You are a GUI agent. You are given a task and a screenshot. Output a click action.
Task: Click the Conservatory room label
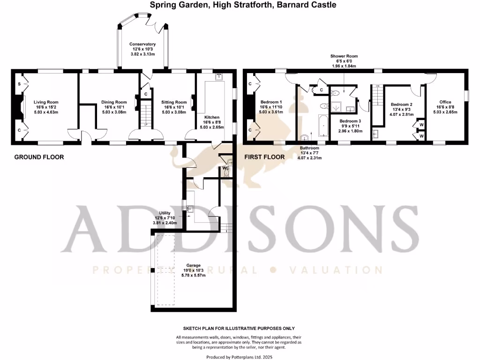(x=142, y=44)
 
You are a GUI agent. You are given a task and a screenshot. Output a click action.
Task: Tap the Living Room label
(x=46, y=102)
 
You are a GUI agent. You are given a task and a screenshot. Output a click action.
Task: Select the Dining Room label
(x=114, y=102)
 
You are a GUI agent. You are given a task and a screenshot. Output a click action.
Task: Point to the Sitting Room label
(x=174, y=102)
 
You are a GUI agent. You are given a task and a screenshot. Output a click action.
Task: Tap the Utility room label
(x=165, y=213)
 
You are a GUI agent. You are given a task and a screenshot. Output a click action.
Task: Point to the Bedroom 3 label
(x=351, y=121)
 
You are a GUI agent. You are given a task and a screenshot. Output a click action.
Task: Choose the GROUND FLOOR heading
(x=39, y=157)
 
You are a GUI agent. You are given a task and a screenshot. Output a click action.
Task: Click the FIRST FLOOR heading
(x=264, y=157)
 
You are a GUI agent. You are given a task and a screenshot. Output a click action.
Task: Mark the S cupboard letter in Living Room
(x=19, y=83)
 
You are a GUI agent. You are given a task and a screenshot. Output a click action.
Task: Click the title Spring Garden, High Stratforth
(x=243, y=5)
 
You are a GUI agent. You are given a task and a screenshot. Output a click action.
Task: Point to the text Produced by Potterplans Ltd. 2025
(x=239, y=357)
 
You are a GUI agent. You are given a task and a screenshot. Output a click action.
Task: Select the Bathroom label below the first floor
(x=309, y=147)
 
